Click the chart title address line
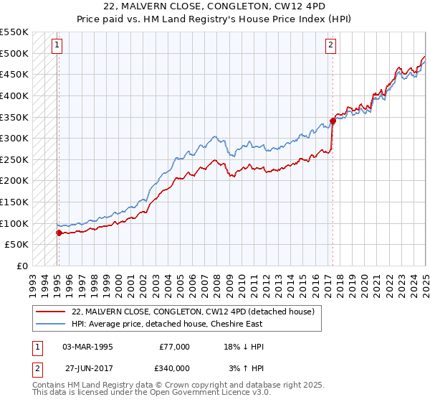pos(215,7)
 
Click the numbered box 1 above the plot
pos(57,45)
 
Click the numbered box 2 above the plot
pos(331,45)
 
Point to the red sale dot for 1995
pos(59,233)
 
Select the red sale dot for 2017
pos(333,121)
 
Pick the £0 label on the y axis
pos(22,266)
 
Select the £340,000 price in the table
pos(174,368)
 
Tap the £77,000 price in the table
pos(174,347)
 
